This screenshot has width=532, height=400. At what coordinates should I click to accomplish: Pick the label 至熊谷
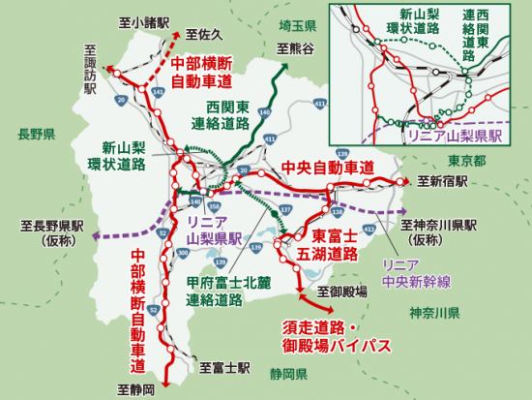pos(296,46)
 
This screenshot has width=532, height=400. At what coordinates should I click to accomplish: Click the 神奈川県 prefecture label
pos(433,313)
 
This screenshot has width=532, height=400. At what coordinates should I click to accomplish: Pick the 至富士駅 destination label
pos(225,368)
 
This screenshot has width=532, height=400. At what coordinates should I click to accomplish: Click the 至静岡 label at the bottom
pos(135,389)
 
